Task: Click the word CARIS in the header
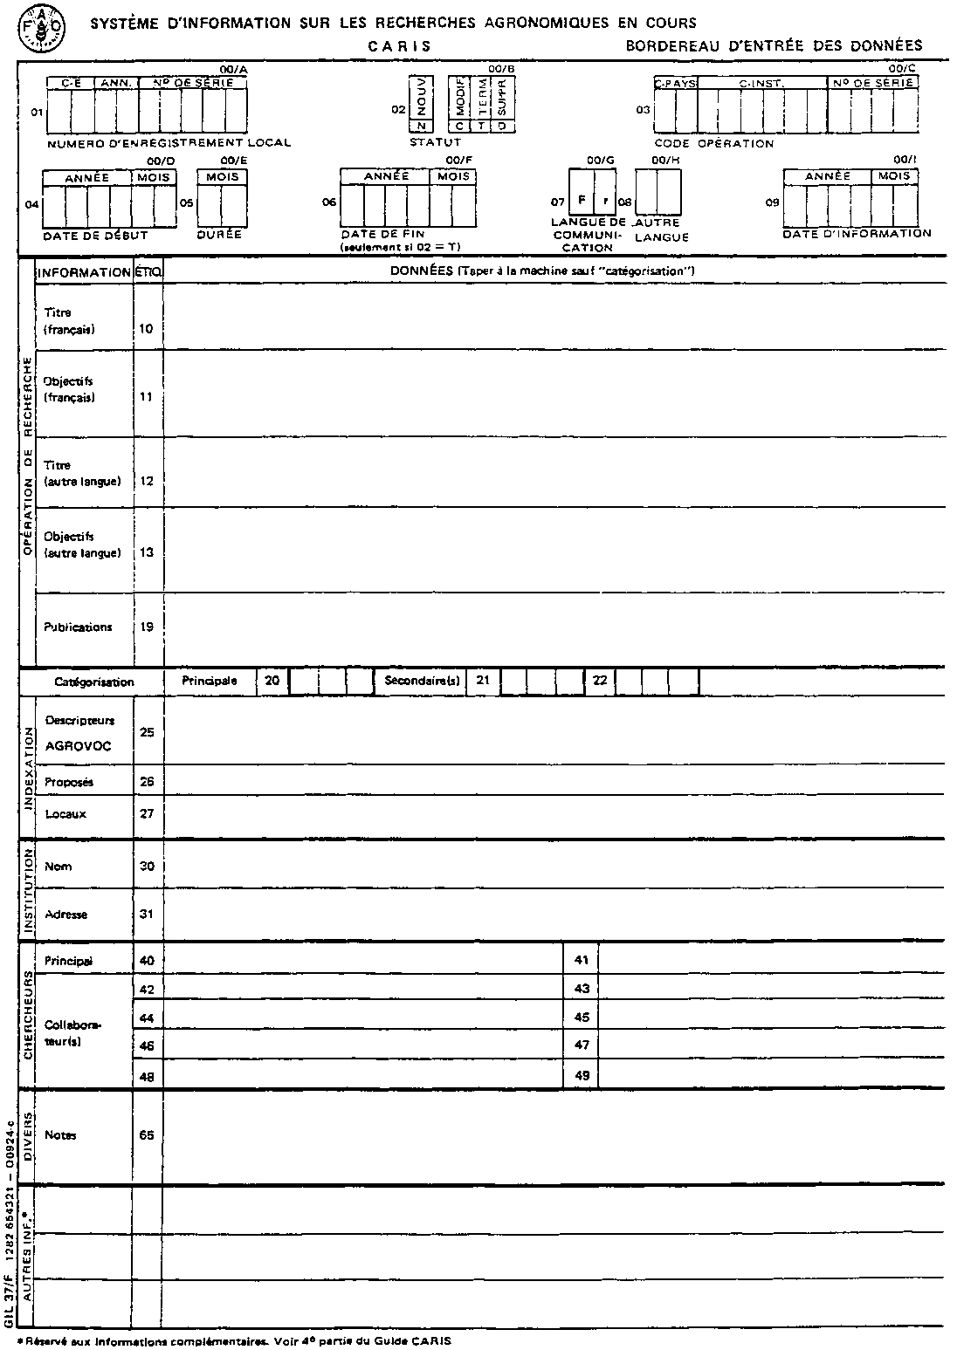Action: click(x=399, y=46)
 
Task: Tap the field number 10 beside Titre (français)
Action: click(x=147, y=328)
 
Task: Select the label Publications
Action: click(x=78, y=627)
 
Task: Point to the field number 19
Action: click(x=147, y=627)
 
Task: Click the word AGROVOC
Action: click(x=78, y=747)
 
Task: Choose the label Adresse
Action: click(x=65, y=915)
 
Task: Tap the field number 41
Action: click(x=582, y=961)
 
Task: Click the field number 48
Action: click(x=147, y=1076)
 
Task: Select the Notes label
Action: click(x=60, y=1135)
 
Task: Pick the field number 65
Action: click(x=147, y=1135)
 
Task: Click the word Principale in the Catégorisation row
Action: click(x=210, y=681)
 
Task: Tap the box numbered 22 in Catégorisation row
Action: click(x=600, y=681)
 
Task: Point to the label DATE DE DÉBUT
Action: click(x=95, y=236)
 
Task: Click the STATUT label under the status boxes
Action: click(x=435, y=141)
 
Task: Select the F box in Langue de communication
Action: click(x=581, y=200)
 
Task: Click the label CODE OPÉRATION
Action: click(x=713, y=143)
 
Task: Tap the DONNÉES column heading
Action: click(x=421, y=271)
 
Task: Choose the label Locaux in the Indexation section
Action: click(x=65, y=814)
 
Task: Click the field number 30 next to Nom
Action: click(x=147, y=867)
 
